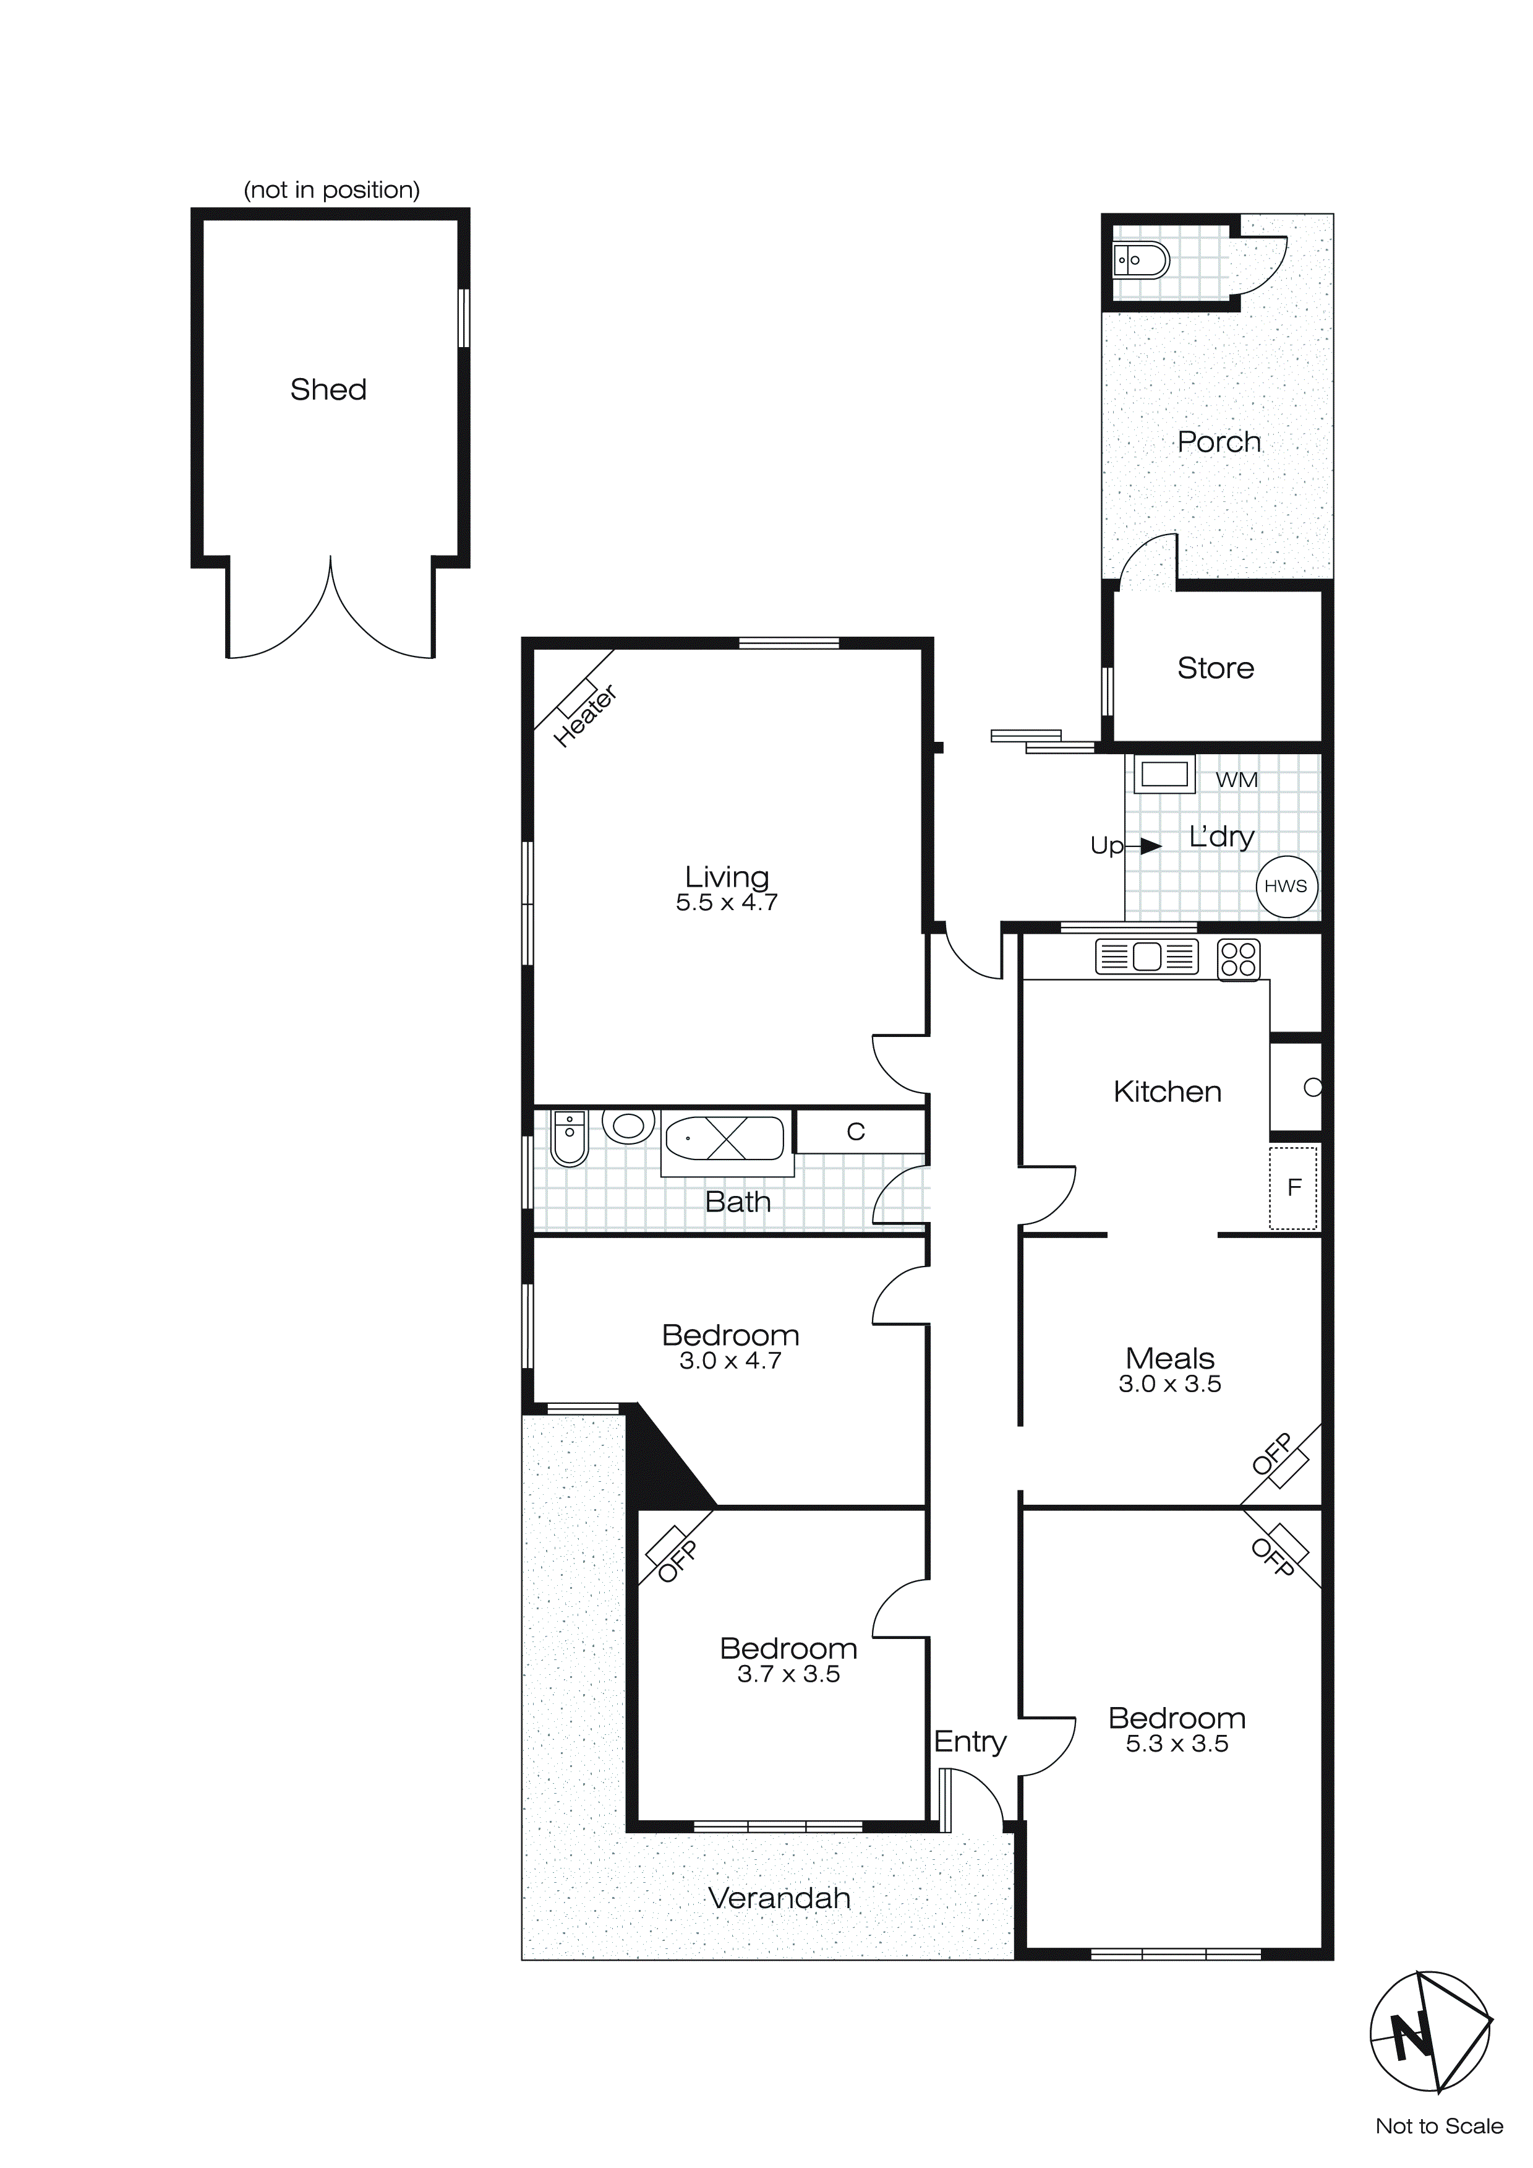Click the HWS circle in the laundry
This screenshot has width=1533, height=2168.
click(x=1286, y=886)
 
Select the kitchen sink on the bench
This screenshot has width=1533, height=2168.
click(x=1146, y=957)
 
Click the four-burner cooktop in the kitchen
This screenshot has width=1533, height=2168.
click(x=1237, y=960)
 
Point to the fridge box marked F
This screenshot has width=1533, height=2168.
click(x=1293, y=1187)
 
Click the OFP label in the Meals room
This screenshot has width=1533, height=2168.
click(x=1273, y=1455)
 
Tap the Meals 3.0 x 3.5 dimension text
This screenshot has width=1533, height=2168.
click(x=1169, y=1384)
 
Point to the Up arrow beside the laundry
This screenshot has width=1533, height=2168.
click(x=1150, y=846)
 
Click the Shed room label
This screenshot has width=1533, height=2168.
click(x=328, y=389)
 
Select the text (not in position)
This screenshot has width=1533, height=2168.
click(x=331, y=190)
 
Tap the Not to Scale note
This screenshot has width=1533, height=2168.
click(x=1438, y=2125)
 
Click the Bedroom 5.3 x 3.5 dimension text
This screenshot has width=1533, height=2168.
click(x=1176, y=1745)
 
